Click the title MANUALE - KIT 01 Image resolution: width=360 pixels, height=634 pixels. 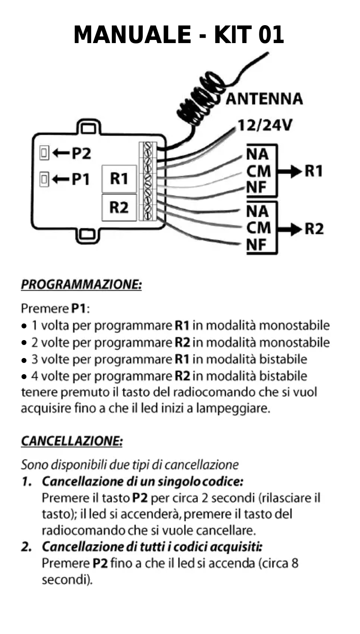coord(179,35)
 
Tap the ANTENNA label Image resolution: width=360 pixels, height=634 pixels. coord(264,99)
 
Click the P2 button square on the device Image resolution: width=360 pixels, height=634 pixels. coord(44,153)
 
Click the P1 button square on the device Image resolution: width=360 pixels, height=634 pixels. coord(44,179)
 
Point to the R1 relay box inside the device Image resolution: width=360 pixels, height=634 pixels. coord(119,179)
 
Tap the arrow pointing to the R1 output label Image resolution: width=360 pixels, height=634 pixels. coord(290,171)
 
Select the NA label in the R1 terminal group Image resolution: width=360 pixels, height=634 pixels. coord(257,155)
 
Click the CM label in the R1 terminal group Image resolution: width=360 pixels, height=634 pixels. coord(259,171)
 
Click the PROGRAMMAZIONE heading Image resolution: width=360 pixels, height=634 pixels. coord(81,285)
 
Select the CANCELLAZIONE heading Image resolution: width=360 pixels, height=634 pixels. coord(72,441)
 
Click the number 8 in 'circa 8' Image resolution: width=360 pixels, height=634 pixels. coord(294,563)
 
